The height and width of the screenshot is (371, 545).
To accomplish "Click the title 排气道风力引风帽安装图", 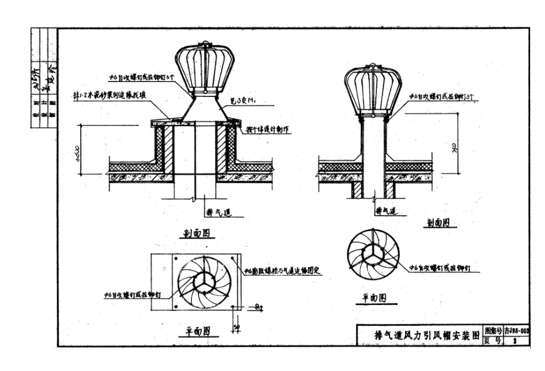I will click(419, 335).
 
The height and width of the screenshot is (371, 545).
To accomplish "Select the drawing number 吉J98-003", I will click(516, 331).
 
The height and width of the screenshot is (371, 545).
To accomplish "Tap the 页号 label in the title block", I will click(493, 340).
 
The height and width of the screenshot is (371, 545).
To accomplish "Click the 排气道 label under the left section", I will click(219, 212).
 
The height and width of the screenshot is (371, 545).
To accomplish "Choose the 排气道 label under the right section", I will click(387, 212).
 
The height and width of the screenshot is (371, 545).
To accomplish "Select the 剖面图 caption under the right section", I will click(438, 222).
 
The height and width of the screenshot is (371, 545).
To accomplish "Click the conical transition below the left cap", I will click(204, 109).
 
